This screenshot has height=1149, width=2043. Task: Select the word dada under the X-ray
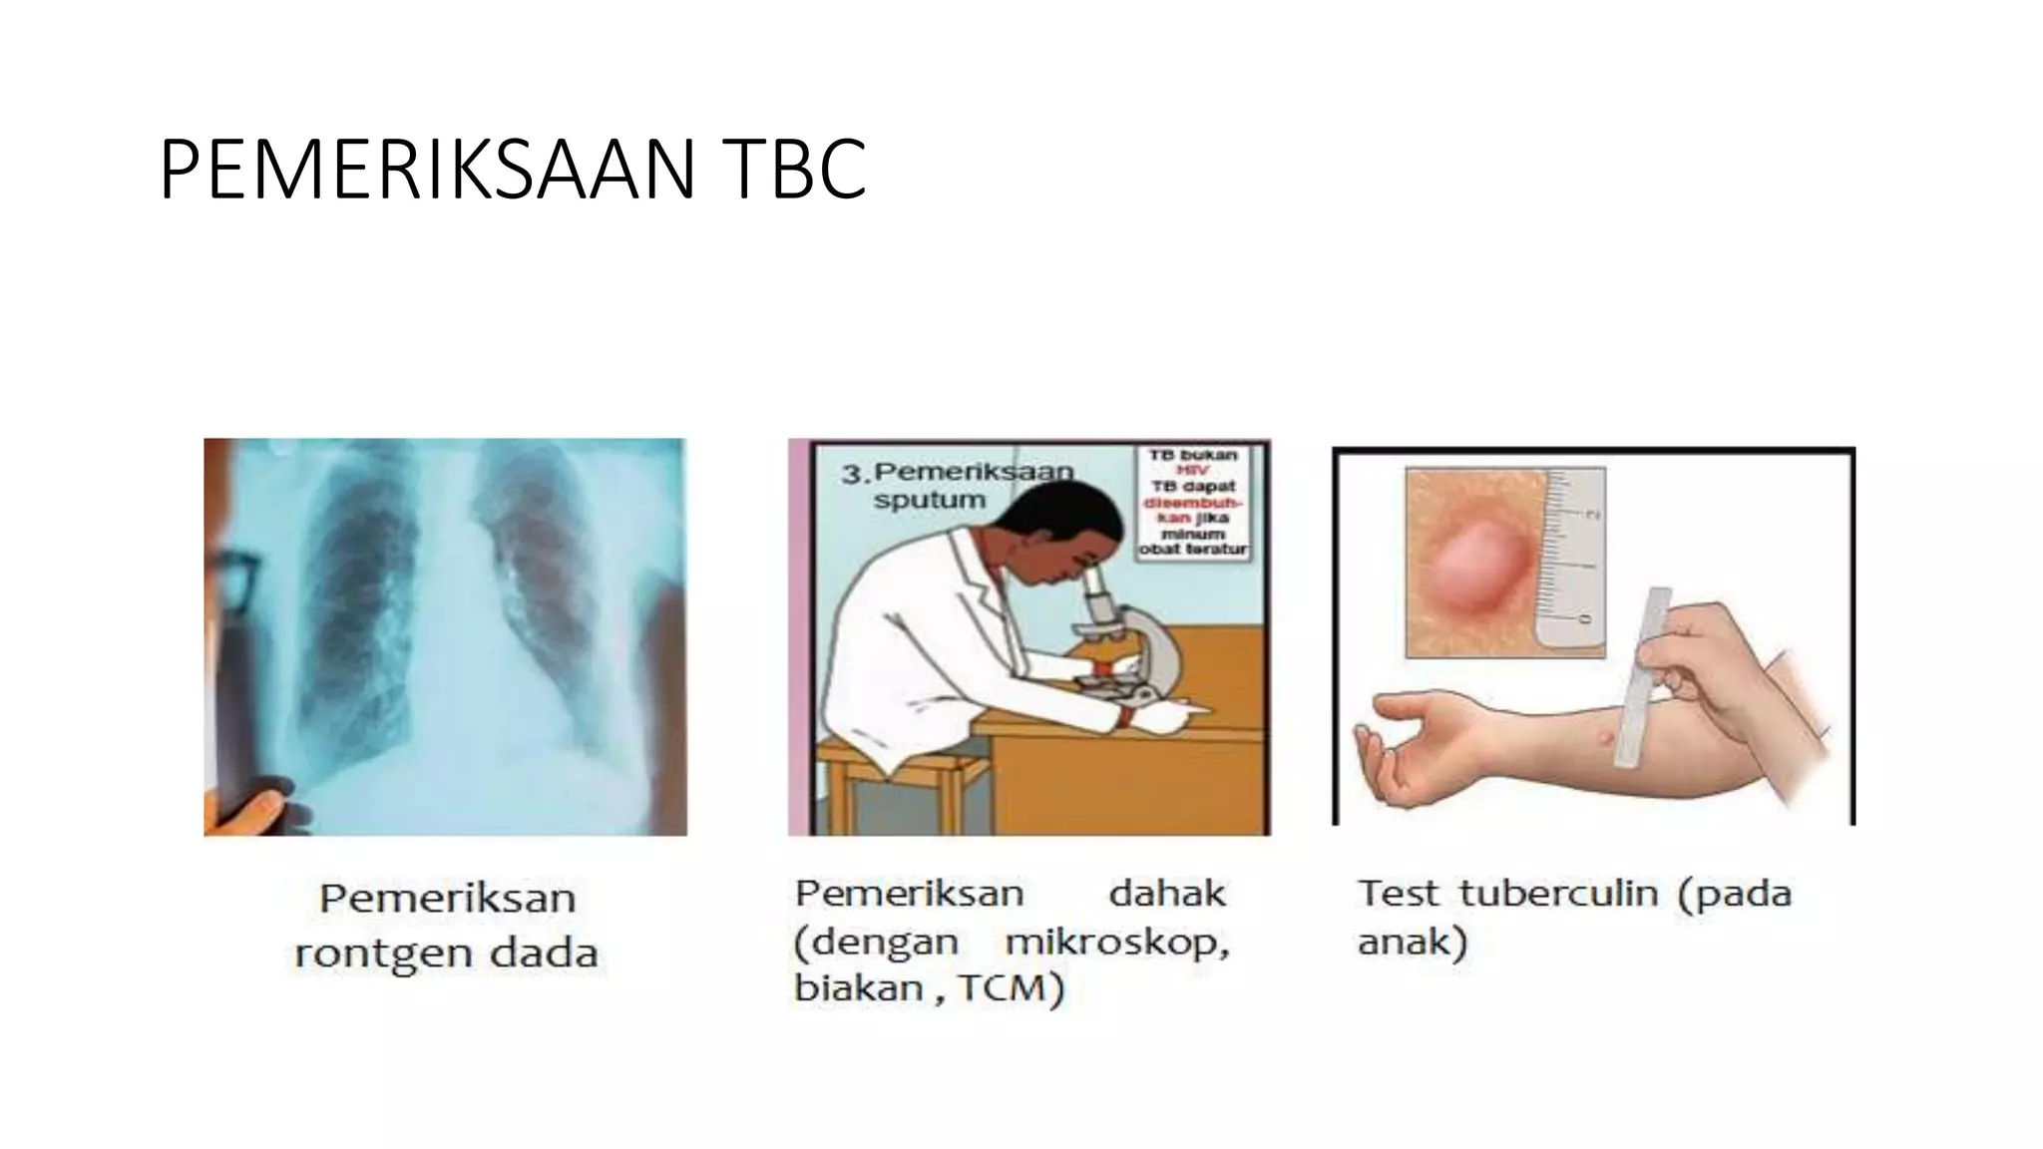tap(544, 954)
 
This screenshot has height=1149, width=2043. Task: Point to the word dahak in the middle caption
tap(1167, 894)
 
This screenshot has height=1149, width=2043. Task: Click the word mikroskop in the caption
tap(1117, 943)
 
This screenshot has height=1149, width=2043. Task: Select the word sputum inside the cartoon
tap(930, 500)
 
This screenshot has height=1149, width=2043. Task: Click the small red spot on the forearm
tap(1603, 739)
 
